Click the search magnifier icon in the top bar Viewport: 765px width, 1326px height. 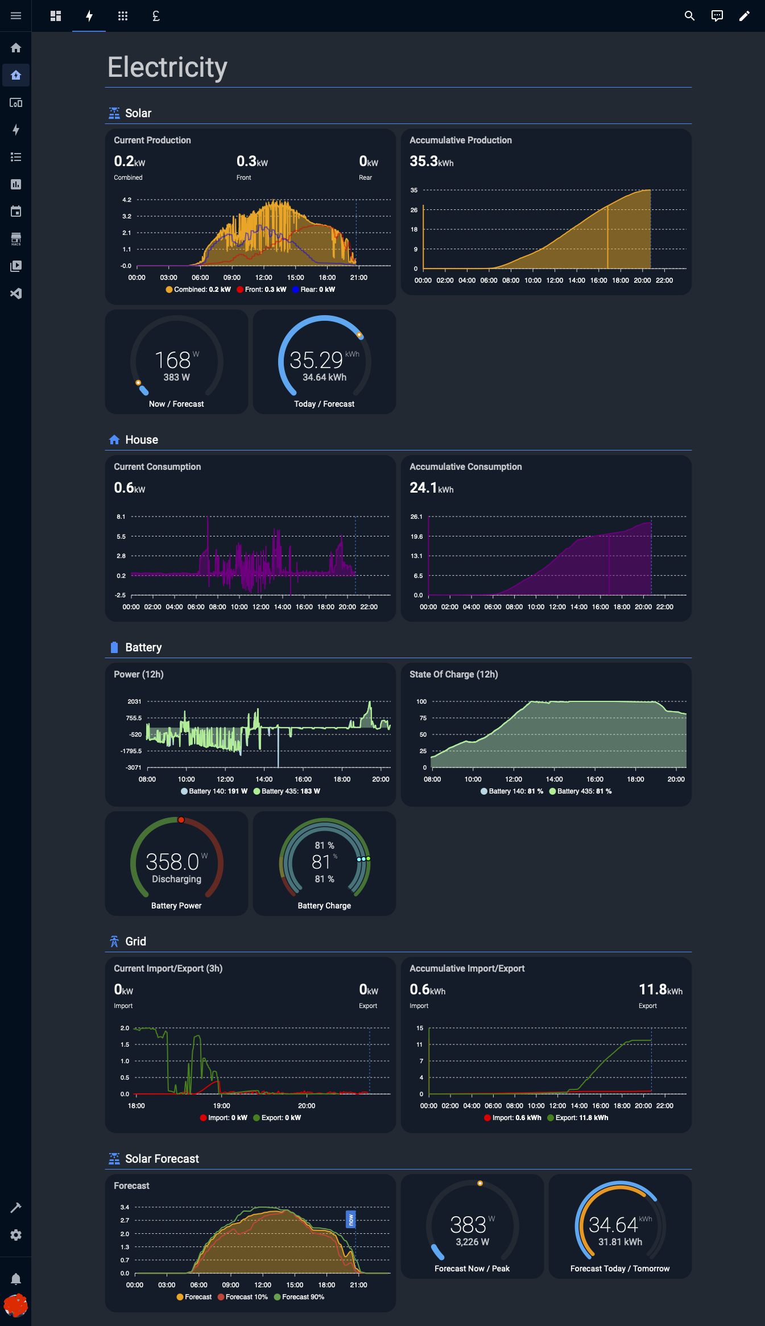689,16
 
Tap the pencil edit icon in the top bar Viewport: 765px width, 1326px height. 744,16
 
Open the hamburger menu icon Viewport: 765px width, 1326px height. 16,16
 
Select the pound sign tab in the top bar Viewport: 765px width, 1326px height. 156,16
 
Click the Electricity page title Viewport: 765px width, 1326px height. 167,67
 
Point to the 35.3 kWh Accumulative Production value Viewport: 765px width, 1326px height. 431,162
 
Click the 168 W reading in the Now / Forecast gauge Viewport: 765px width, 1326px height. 173,360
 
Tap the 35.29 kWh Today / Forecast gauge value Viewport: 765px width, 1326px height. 317,360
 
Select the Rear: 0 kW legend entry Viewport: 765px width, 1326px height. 313,290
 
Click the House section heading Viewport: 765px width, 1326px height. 142,440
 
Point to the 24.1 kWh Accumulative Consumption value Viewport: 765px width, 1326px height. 431,488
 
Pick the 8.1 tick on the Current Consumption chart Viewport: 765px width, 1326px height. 121,517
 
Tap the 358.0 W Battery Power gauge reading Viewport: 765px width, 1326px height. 173,862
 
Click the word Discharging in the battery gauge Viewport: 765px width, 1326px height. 176,879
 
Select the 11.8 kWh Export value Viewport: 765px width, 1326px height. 660,990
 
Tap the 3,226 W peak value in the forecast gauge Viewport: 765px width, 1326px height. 472,1242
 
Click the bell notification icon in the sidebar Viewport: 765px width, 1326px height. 16,1279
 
